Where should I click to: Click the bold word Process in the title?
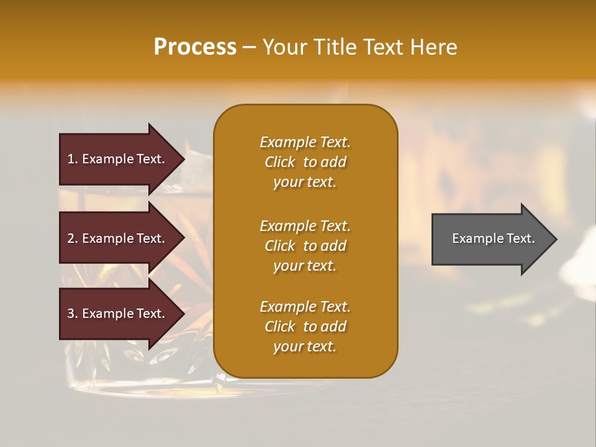click(x=195, y=47)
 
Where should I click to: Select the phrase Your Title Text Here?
click(x=359, y=47)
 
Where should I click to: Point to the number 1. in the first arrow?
click(x=73, y=159)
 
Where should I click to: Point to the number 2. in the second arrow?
click(x=73, y=238)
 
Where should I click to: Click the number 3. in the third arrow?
click(x=73, y=314)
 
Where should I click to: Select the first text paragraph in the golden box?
click(x=305, y=162)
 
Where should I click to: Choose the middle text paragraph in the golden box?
click(x=305, y=246)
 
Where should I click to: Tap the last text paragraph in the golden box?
click(x=305, y=327)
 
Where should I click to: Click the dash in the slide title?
click(x=250, y=48)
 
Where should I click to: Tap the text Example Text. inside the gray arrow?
click(x=494, y=238)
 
